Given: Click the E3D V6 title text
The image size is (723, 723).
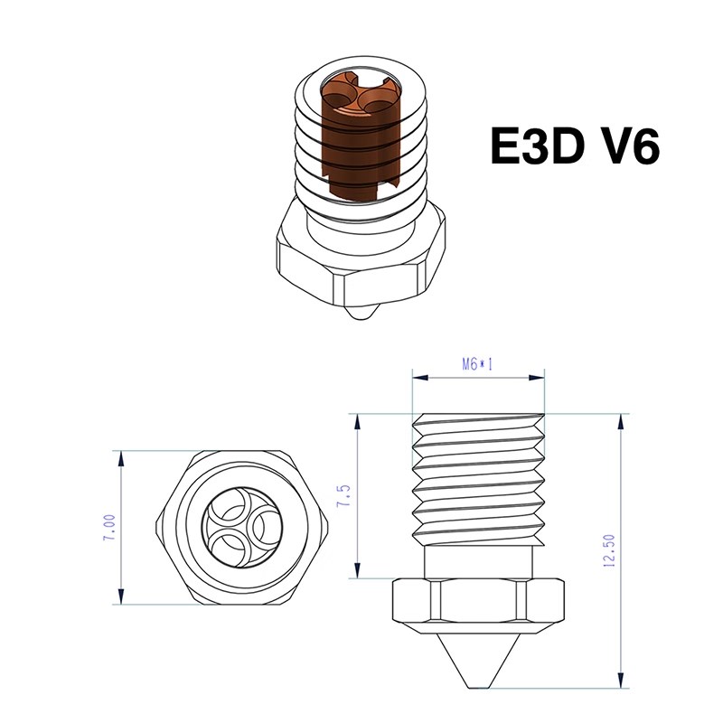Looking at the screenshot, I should click(x=574, y=146).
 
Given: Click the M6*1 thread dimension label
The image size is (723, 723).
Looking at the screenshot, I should click(x=478, y=364).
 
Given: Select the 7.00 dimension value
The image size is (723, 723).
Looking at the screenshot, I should click(x=108, y=526).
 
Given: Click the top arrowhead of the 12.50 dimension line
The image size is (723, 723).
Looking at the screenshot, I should click(x=621, y=419).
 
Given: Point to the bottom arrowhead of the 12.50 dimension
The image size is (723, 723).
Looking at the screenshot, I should click(x=621, y=684).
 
